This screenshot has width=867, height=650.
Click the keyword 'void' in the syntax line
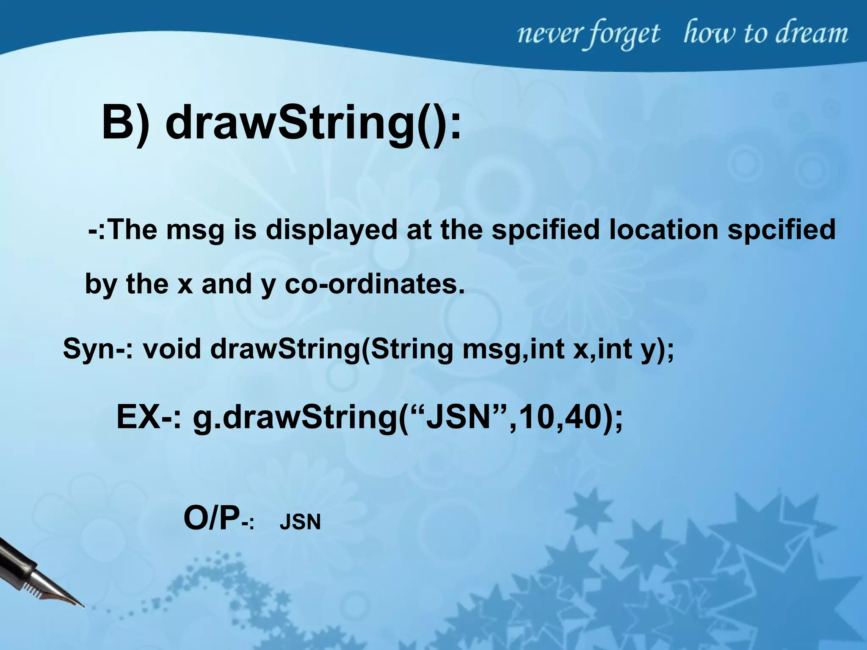pyautogui.click(x=171, y=349)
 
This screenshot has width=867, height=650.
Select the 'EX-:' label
pyautogui.click(x=148, y=417)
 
